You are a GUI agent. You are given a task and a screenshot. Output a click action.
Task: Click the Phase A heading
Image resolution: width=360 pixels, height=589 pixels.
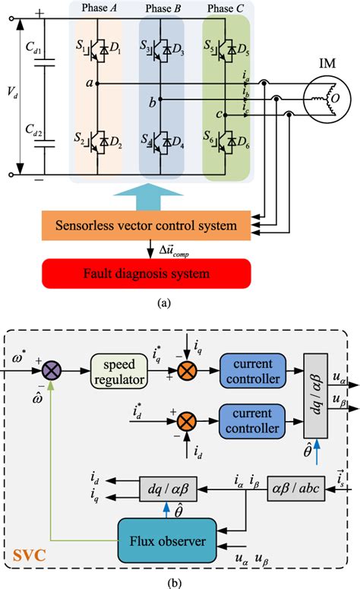click(103, 9)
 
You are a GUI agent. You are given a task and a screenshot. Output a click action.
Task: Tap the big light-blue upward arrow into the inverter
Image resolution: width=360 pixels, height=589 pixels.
click(163, 197)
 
